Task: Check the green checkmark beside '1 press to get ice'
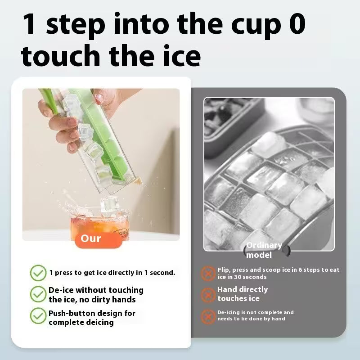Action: (x=38, y=273)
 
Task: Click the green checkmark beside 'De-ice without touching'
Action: (x=38, y=294)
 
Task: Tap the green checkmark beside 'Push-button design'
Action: (x=38, y=316)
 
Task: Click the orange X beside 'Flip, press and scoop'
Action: (x=207, y=273)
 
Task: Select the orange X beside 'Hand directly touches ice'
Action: (x=207, y=294)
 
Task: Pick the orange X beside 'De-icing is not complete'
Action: (x=207, y=315)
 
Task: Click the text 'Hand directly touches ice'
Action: (x=243, y=294)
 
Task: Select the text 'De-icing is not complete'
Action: (x=256, y=315)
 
